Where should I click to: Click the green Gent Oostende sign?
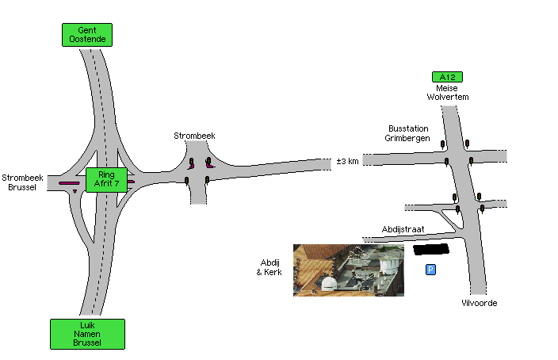[87, 35]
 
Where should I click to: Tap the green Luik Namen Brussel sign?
[87, 334]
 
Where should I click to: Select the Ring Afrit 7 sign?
[106, 179]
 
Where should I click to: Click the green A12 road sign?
[447, 77]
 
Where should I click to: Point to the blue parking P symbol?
[430, 270]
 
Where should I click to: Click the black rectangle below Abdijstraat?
[431, 249]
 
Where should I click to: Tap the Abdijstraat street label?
[403, 229]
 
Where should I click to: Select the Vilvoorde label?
[479, 303]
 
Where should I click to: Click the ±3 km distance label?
[347, 161]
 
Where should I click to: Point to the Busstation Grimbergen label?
[407, 133]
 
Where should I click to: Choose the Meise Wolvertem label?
[447, 93]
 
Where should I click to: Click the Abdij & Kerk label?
[269, 267]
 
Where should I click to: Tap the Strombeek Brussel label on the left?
[22, 182]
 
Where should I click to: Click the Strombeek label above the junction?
[194, 136]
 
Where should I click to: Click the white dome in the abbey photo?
[328, 283]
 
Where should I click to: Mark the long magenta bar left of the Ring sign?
[69, 183]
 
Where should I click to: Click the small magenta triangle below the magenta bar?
[75, 191]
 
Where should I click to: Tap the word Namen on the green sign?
[87, 334]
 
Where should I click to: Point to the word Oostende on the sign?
[87, 39]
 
